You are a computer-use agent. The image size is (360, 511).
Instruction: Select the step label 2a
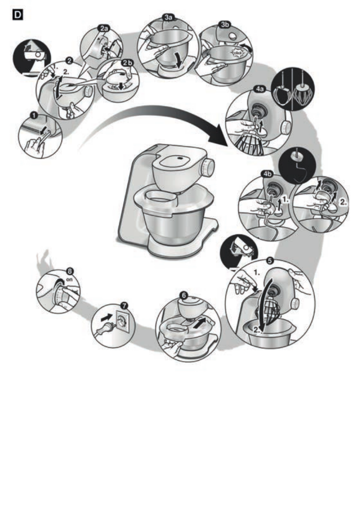point(104,28)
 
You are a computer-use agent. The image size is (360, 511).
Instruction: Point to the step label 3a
point(168,18)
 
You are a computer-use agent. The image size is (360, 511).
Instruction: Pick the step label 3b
point(224,24)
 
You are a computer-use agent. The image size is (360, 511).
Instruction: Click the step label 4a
point(260,89)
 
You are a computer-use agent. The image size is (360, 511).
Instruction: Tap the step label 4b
point(267,174)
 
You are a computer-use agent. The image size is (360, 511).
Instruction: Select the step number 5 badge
point(269,260)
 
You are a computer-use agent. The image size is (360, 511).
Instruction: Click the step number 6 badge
point(184,295)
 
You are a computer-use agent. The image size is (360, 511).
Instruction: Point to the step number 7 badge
point(124,305)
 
